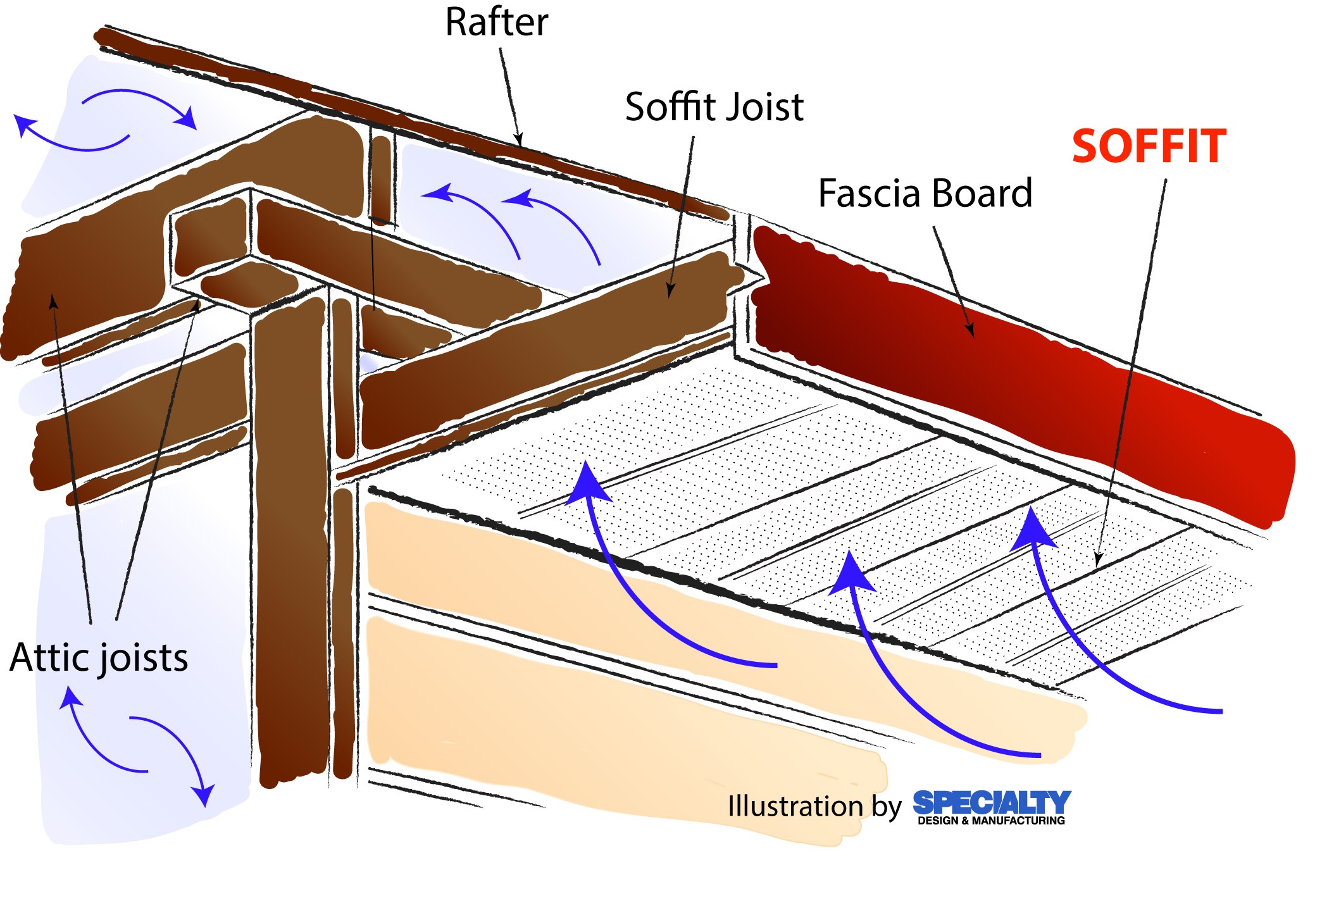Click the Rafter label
tap(496, 23)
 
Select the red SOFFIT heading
tap(1149, 147)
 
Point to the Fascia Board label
tap(925, 193)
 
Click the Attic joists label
tap(99, 658)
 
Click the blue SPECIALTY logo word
tap(991, 802)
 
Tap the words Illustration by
tap(814, 807)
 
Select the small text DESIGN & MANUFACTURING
tap(991, 821)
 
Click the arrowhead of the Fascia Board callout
tap(970, 332)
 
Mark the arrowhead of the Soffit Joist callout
tap(670, 292)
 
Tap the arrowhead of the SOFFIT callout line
tap(1098, 562)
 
